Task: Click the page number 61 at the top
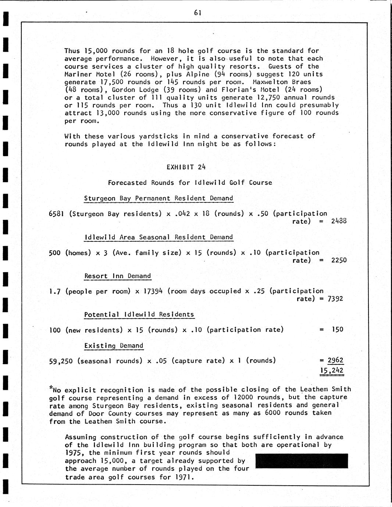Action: (197, 13)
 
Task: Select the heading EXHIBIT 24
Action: (186, 167)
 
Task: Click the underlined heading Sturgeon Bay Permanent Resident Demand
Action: (158, 198)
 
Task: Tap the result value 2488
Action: (339, 221)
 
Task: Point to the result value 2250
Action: (339, 260)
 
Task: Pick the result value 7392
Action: (335, 299)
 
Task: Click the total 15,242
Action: (332, 370)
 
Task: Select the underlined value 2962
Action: (335, 360)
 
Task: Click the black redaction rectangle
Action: (301, 461)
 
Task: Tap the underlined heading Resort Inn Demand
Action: (117, 276)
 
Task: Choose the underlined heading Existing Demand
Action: (114, 346)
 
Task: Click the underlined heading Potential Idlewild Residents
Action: (139, 314)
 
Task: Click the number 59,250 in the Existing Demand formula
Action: (61, 361)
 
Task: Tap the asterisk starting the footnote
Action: (51, 388)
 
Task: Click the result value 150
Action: (337, 330)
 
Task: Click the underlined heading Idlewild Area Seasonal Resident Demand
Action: (158, 237)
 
